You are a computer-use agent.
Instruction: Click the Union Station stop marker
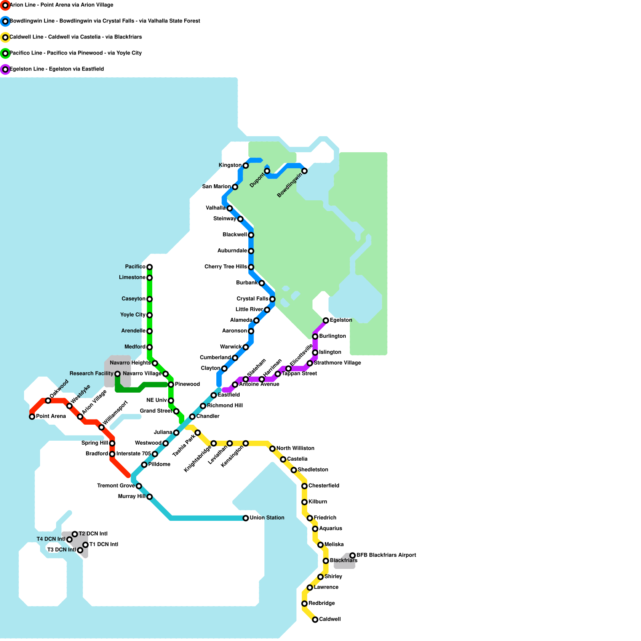point(246,518)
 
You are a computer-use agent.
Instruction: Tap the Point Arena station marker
point(32,417)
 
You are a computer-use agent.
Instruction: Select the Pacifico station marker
point(149,267)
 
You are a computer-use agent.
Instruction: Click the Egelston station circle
point(326,320)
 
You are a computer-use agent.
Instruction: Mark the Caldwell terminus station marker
point(315,619)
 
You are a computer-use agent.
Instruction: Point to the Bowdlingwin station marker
point(304,171)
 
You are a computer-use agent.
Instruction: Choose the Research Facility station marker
point(117,374)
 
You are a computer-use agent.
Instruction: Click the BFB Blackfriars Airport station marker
point(353,555)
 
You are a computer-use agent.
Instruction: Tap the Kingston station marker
point(246,165)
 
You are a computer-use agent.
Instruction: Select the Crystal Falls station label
point(252,299)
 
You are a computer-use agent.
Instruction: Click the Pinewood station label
point(187,384)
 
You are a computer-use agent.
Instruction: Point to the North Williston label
point(295,448)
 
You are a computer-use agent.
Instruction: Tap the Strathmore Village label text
point(337,363)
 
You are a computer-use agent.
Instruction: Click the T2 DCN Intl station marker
point(75,534)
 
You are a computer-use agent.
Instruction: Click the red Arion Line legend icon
point(5,5)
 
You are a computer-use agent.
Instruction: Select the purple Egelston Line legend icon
point(5,69)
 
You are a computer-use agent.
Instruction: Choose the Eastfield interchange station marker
point(214,395)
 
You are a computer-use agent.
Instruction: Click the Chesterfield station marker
point(304,486)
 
